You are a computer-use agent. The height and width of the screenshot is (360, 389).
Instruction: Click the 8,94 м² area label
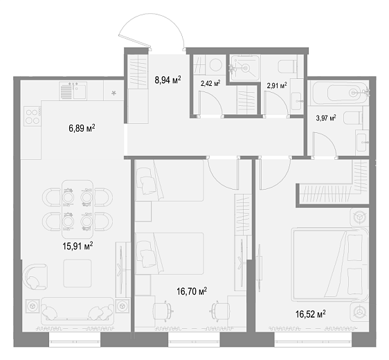pos(168,80)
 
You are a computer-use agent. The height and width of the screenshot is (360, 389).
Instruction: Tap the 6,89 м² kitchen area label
pos(82,128)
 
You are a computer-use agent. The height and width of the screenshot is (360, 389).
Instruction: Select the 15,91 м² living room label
pos(78,246)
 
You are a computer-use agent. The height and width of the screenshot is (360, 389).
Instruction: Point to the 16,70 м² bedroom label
pos(192,291)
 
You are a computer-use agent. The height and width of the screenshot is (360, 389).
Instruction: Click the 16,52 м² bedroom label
pos(311,314)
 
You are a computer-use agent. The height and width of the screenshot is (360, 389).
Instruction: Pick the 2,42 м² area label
pos(210,83)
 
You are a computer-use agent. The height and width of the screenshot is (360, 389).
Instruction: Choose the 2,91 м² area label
pos(277,86)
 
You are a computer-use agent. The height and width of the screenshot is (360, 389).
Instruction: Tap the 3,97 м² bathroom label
pos(326,118)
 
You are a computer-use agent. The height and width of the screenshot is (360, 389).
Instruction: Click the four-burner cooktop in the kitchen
pos(33,116)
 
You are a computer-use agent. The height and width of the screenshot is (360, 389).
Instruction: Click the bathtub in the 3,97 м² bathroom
pos(339,93)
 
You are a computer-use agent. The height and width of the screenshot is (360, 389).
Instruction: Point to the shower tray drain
pos(245,67)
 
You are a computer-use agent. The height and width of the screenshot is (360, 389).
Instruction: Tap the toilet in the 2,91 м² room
pos(288,66)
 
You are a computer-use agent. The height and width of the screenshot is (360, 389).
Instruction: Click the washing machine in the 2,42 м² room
pos(215,64)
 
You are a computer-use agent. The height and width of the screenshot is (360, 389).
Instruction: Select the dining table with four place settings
pos(78,209)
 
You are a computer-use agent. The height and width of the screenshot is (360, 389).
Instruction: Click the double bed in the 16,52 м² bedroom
pos(330,264)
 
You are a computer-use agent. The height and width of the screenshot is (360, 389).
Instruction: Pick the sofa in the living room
pos(78,311)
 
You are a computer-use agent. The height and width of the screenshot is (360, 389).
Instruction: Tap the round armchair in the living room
pos(35,276)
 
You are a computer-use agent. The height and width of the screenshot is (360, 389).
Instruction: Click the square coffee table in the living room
pos(78,273)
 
